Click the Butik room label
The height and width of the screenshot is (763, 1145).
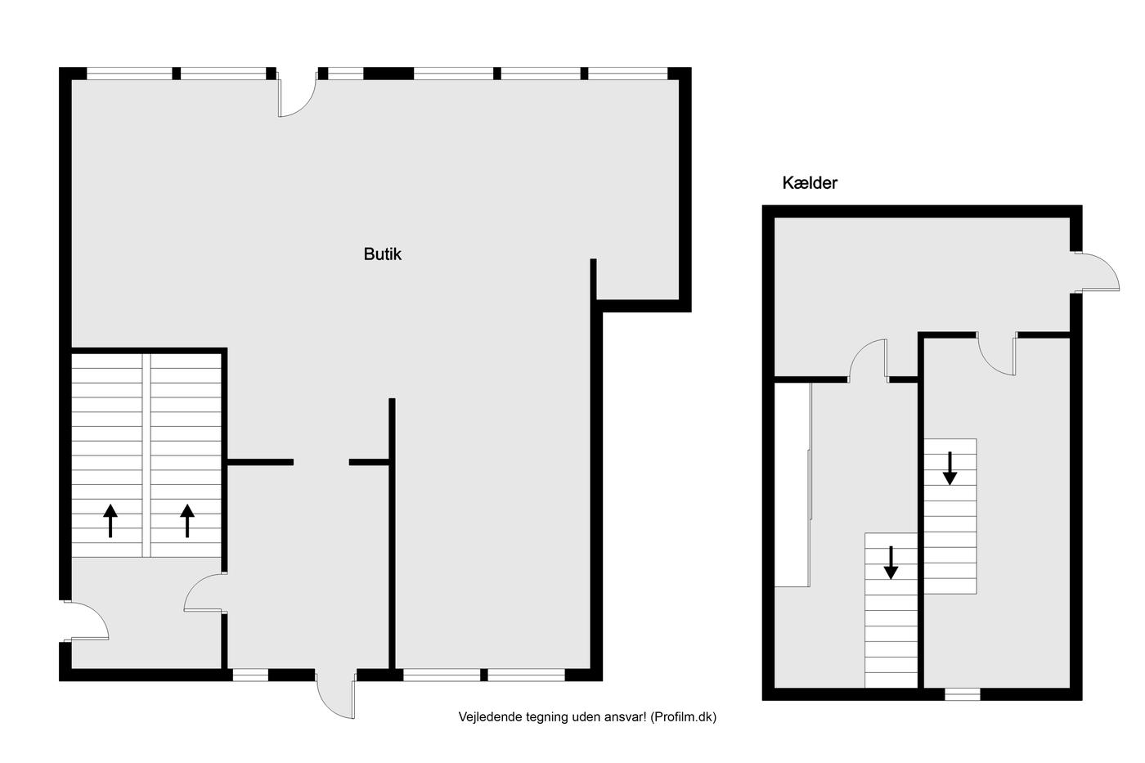pos(383,254)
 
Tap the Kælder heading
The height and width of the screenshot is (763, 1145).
pos(810,183)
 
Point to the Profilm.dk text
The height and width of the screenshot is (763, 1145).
pos(684,717)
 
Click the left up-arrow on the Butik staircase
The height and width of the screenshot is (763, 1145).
pos(110,521)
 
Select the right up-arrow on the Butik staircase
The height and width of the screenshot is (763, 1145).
pos(187,521)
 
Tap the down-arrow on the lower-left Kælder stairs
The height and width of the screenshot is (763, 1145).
pos(891,563)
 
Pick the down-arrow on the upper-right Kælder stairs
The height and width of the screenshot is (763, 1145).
pos(950,468)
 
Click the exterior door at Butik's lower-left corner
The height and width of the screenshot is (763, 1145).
pos(87,621)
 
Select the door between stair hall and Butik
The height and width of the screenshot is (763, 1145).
pos(204,592)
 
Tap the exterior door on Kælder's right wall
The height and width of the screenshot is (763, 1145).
pos(1096,272)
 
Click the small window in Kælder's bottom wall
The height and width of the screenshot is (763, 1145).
pos(962,694)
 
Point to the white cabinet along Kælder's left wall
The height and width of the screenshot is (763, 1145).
pos(793,484)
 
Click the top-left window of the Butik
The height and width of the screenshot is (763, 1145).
pos(129,74)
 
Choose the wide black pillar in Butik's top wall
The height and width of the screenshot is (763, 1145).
pos(388,74)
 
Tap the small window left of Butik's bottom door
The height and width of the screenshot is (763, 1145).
pos(250,675)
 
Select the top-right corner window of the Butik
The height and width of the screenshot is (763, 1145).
pos(628,74)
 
